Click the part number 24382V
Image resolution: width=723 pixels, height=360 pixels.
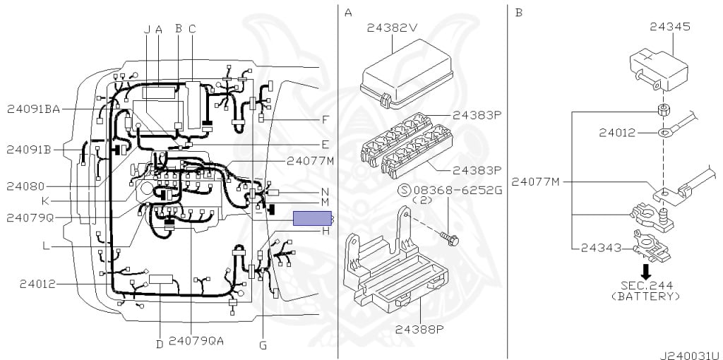(393, 28)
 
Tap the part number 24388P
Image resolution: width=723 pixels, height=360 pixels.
(419, 329)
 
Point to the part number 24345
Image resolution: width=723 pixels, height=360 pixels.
(670, 27)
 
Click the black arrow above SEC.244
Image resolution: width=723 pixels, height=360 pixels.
(645, 270)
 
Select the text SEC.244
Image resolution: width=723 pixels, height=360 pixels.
(646, 285)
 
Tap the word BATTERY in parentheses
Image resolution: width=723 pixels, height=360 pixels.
(646, 296)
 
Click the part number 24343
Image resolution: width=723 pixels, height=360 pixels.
(602, 247)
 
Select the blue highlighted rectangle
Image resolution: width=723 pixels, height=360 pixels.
(313, 219)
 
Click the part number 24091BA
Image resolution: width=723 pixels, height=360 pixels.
(33, 109)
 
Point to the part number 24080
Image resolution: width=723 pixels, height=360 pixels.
(25, 186)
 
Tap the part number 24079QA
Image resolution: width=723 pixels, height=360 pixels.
(196, 340)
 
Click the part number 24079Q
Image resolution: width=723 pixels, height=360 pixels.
(30, 217)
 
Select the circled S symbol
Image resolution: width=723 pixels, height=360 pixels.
(404, 190)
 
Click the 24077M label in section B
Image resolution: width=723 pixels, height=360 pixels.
(536, 182)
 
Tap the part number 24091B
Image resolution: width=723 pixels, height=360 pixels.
(29, 150)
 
